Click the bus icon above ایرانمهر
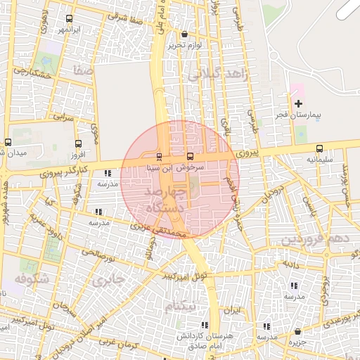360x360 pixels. point(69,18)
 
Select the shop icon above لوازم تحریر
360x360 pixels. point(184,34)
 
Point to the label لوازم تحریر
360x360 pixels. point(184,45)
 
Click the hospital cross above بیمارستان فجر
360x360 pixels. point(298,103)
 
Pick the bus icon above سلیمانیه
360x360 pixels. point(320,148)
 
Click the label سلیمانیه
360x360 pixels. point(319,160)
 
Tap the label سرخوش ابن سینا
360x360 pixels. point(174,168)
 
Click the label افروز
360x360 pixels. point(77,153)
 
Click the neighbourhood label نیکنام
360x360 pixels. point(181,307)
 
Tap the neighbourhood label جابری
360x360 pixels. point(108,280)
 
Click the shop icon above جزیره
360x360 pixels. point(298,332)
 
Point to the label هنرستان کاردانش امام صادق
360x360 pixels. point(204,340)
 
